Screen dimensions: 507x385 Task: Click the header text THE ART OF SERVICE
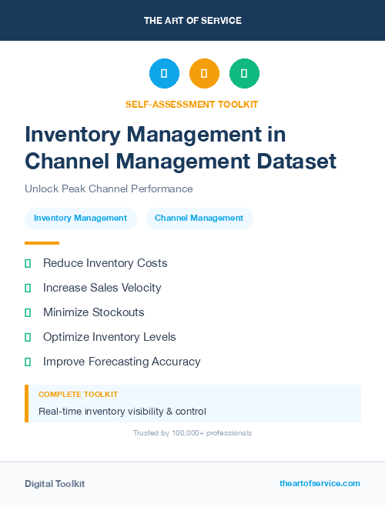(x=192, y=21)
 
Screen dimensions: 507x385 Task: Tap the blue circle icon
(x=164, y=74)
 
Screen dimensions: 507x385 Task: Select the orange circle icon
(x=204, y=74)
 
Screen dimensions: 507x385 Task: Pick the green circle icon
(x=244, y=74)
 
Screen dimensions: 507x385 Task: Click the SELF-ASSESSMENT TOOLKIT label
(x=192, y=104)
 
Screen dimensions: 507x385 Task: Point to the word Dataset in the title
(x=296, y=162)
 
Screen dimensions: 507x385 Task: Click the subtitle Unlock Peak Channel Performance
(x=109, y=188)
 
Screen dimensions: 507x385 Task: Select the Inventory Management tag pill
(x=80, y=218)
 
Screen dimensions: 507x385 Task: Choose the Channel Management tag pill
(x=199, y=218)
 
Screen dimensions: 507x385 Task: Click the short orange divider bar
(x=42, y=243)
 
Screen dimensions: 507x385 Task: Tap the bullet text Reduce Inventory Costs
(x=105, y=263)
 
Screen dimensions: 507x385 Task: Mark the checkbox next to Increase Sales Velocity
(x=28, y=288)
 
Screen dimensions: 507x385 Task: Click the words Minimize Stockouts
(x=93, y=312)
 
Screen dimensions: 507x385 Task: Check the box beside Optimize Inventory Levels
(x=28, y=337)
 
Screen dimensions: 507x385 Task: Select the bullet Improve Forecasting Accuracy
(x=122, y=362)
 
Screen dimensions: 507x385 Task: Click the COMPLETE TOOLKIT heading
(x=78, y=395)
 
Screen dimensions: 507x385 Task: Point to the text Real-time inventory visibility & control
(x=122, y=412)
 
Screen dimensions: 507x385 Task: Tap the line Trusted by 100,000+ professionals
(x=192, y=433)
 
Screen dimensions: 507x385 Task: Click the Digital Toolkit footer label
(x=55, y=484)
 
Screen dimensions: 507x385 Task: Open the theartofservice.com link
(x=320, y=484)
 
